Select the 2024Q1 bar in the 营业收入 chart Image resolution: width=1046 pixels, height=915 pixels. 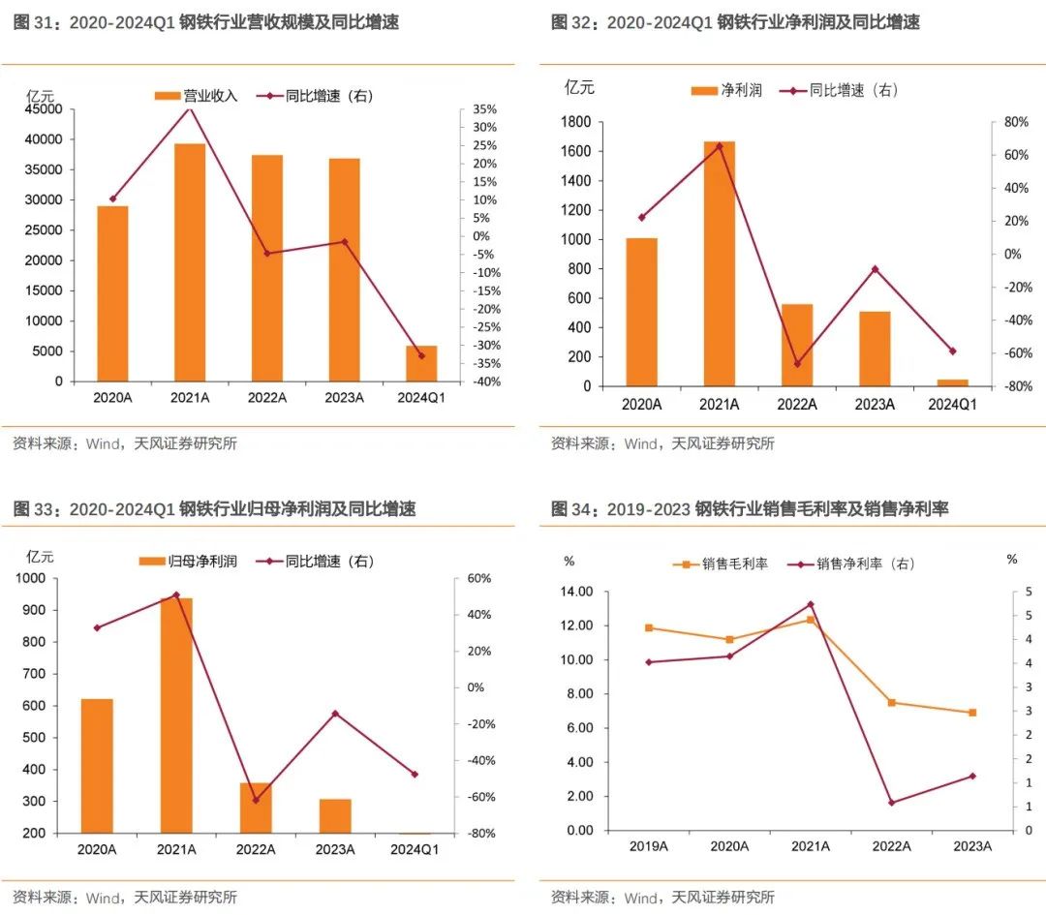pyautogui.click(x=421, y=363)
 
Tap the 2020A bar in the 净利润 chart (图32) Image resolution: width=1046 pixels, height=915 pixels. pyautogui.click(x=641, y=312)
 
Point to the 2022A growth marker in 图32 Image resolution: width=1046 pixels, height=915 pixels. pyautogui.click(x=797, y=364)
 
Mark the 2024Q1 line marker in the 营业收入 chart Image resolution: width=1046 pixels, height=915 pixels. pyautogui.click(x=421, y=355)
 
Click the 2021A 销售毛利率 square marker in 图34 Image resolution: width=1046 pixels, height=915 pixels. pyautogui.click(x=811, y=620)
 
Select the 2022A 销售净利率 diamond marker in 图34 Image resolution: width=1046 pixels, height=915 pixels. pyautogui.click(x=891, y=803)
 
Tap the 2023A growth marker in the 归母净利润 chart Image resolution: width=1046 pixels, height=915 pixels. pyautogui.click(x=335, y=714)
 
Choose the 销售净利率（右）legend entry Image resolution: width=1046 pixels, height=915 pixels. pyautogui.click(x=852, y=564)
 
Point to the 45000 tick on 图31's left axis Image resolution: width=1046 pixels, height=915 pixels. pyautogui.click(x=45, y=109)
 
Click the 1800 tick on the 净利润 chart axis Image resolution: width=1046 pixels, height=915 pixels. pyautogui.click(x=577, y=122)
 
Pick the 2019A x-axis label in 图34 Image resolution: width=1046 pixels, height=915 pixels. pyautogui.click(x=649, y=845)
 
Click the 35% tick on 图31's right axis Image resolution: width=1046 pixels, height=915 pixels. pyautogui.click(x=484, y=109)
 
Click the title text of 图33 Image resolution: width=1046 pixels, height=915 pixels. pyautogui.click(x=214, y=508)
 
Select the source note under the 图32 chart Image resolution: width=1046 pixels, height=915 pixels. pyautogui.click(x=662, y=443)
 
